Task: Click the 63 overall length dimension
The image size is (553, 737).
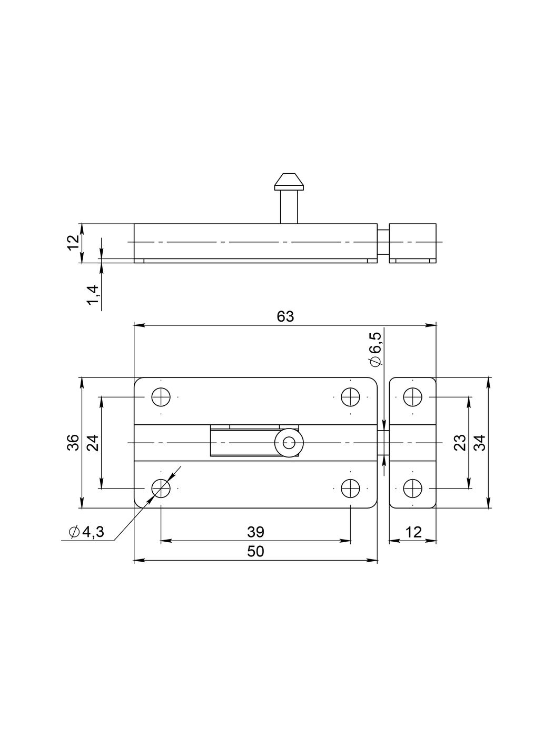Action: tap(285, 316)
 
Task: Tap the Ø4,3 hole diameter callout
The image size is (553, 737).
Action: tap(86, 532)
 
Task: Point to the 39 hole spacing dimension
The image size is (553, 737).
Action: tap(256, 532)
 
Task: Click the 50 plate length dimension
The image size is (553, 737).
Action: tap(256, 551)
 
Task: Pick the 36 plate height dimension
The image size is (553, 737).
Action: tap(73, 443)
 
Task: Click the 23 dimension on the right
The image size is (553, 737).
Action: tap(460, 443)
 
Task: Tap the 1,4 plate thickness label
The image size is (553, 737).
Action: tap(93, 295)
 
